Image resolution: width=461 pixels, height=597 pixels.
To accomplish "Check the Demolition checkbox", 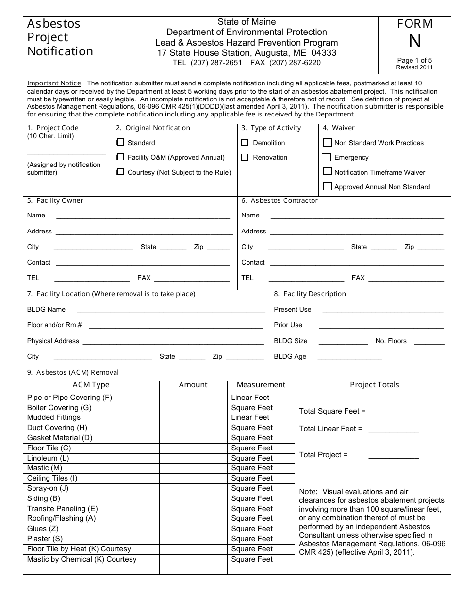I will tap(245, 143).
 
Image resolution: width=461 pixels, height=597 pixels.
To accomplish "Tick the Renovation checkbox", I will tap(245, 157).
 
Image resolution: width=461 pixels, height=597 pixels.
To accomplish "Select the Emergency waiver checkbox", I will tap(327, 157).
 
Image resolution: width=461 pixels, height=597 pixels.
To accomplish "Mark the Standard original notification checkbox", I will tap(120, 143).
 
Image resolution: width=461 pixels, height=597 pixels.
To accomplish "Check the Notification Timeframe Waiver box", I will tap(328, 172).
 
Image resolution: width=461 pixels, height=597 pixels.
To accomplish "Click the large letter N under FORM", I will tap(414, 42).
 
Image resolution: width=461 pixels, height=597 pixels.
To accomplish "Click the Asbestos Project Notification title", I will tap(60, 37).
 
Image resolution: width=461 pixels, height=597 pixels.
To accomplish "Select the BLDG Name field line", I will tap(171, 312).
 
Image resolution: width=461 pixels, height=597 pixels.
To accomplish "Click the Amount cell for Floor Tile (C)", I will tap(193, 448).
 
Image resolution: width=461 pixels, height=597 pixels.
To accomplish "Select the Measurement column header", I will tap(261, 385).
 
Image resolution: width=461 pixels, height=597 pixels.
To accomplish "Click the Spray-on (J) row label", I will tap(48, 488).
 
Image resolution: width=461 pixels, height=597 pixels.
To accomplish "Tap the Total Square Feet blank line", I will tap(395, 414).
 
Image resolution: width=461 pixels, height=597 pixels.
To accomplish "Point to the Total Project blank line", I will tap(394, 458).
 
